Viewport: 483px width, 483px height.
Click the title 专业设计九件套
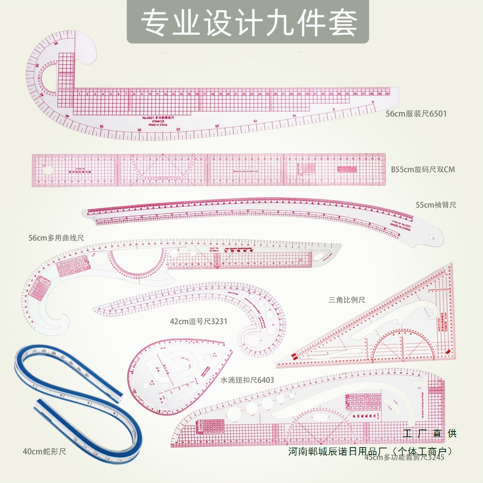(248, 23)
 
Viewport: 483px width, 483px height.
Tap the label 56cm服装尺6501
(416, 114)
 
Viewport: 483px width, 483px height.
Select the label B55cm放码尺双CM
(423, 169)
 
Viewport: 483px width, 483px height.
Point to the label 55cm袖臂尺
(436, 205)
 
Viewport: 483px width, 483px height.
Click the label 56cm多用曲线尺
(56, 238)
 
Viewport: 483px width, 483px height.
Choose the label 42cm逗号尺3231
(198, 321)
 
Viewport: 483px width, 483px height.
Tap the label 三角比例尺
(347, 300)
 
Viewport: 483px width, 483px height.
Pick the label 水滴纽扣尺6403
(247, 380)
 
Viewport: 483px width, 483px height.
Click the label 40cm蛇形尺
(44, 452)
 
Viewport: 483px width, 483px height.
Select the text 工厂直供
(429, 433)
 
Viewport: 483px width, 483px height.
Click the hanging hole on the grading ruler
(48, 170)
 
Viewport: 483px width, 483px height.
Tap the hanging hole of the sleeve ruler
(433, 238)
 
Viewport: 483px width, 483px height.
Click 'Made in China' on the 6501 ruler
(158, 125)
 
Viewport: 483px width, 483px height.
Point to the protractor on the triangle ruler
(402, 346)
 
